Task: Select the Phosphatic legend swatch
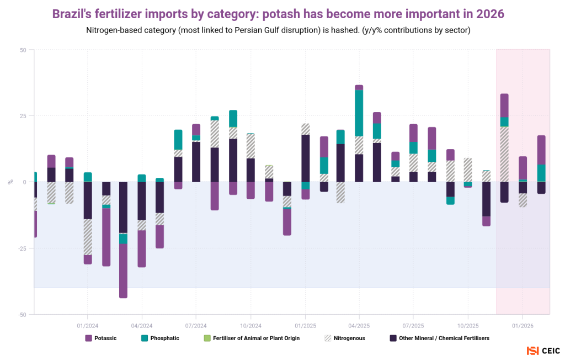(x=145, y=338)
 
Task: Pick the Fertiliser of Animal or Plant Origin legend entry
(x=252, y=338)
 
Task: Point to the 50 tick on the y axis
(x=23, y=50)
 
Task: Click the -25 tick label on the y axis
(x=22, y=248)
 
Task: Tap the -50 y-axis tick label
(x=22, y=315)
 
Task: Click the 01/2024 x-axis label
(x=87, y=325)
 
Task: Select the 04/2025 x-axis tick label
(x=359, y=325)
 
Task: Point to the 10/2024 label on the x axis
(x=250, y=325)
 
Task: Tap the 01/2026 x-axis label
(x=522, y=325)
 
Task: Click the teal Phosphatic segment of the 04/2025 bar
(x=359, y=113)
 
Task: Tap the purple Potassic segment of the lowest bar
(x=124, y=271)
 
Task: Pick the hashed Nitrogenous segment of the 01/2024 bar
(x=88, y=237)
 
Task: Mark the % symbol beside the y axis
(x=10, y=182)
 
